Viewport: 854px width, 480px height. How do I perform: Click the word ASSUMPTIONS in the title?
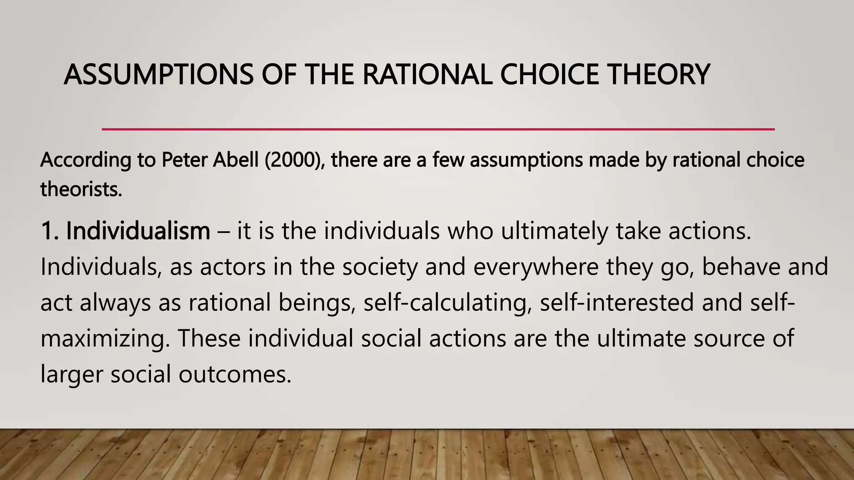point(158,75)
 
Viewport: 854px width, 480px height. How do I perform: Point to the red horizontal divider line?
point(438,130)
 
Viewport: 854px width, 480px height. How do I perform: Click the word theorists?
point(81,190)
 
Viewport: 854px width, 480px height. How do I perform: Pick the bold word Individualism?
point(138,231)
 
